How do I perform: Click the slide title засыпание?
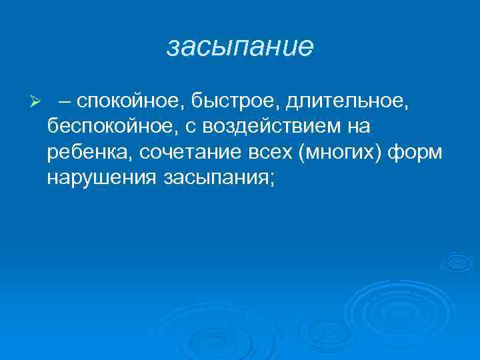(239, 46)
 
